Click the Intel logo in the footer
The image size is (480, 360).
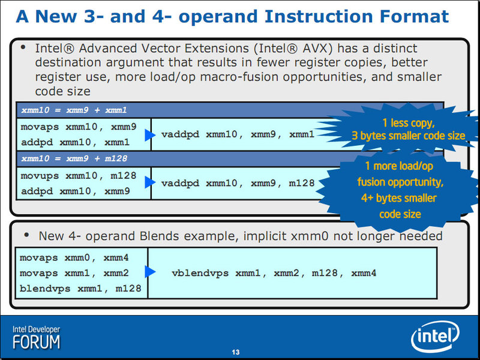(435, 336)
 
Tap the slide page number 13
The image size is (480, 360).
(235, 352)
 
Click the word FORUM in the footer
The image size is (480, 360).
(37, 342)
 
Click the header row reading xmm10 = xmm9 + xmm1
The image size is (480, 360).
(74, 110)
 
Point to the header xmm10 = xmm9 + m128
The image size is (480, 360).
(74, 158)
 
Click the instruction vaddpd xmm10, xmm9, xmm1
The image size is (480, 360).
(238, 134)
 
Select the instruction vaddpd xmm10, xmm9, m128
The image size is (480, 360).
(238, 183)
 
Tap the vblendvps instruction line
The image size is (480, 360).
(274, 273)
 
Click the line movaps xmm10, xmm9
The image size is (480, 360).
(79, 127)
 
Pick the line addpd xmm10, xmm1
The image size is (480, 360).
(76, 142)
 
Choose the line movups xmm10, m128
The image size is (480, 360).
(79, 176)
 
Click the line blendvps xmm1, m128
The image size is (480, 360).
(80, 289)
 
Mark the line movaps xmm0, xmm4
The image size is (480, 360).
(74, 258)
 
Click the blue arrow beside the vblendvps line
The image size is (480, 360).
(150, 271)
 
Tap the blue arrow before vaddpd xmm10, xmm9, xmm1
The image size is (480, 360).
(150, 135)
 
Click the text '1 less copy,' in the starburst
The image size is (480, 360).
(409, 123)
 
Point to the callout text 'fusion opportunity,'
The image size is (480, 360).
(400, 182)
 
